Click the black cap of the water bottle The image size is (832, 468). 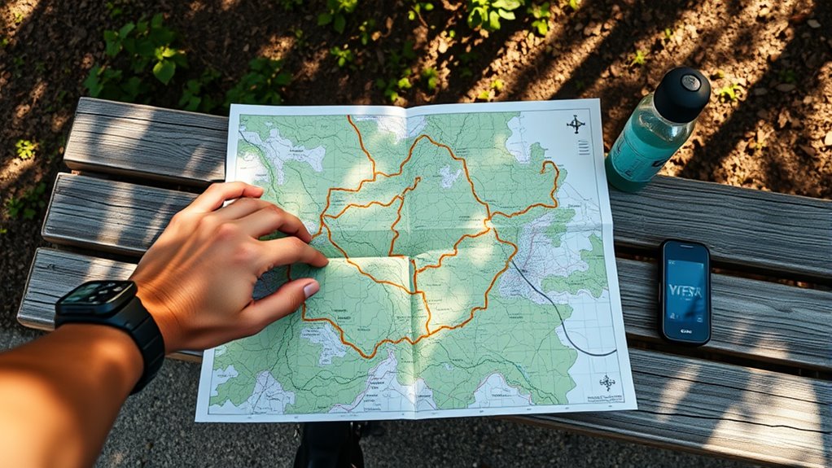click(x=681, y=94)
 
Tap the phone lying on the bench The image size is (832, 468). click(x=685, y=291)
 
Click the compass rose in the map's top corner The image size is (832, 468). click(x=576, y=125)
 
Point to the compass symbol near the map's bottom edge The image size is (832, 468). click(x=607, y=382)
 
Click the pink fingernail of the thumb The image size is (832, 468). click(x=311, y=289)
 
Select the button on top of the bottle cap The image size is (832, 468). click(x=691, y=81)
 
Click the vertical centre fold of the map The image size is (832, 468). click(x=414, y=269)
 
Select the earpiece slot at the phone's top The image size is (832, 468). click(x=685, y=246)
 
